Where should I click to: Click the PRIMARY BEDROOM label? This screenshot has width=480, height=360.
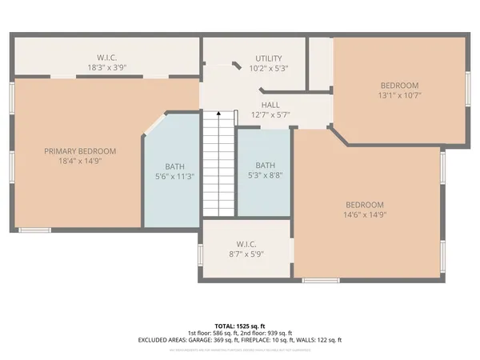[80, 151]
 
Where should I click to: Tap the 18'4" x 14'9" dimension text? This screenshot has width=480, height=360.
[80, 161]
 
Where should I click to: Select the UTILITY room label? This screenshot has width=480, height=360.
[268, 59]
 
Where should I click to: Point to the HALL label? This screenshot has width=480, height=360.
[270, 105]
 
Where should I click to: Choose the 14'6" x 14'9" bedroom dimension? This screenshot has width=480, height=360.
[364, 214]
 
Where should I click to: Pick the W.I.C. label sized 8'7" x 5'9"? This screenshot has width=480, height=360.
[246, 244]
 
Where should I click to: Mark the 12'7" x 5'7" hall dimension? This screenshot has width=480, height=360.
[270, 114]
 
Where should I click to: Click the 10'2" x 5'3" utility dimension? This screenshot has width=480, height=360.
[268, 69]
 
